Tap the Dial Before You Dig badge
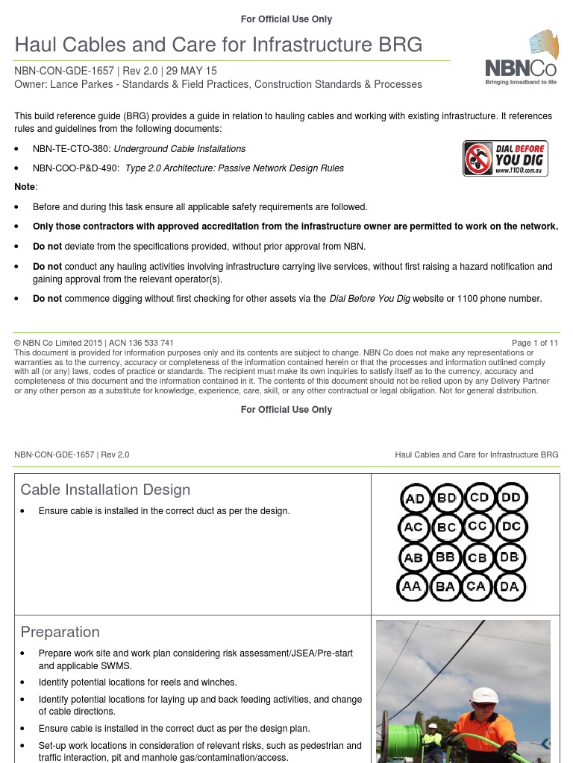pos(505,158)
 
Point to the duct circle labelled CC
pos(478,527)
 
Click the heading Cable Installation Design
pos(105,490)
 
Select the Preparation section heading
pos(60,632)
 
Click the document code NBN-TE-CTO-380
pos(72,149)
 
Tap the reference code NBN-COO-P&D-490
pos(76,168)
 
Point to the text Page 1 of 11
pos(534,343)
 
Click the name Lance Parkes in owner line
pos(76,84)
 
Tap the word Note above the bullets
pos(25,186)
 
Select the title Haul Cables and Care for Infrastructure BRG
pos(219,45)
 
